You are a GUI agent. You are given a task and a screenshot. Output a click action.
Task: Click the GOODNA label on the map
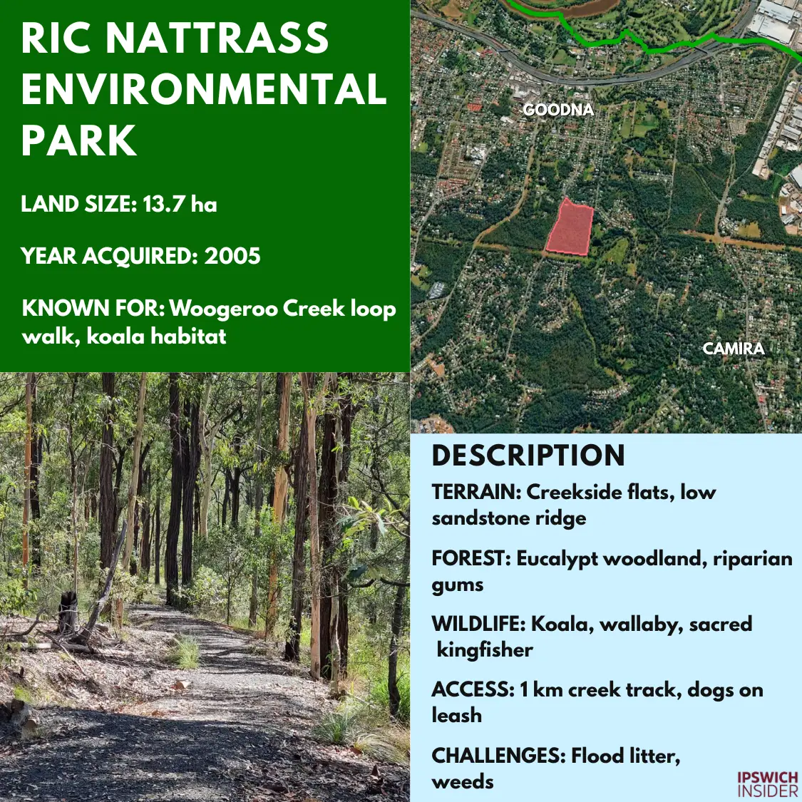pos(558,110)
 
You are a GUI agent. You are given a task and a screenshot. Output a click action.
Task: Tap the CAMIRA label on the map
pos(734,349)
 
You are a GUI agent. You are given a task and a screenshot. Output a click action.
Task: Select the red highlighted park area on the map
pos(570,227)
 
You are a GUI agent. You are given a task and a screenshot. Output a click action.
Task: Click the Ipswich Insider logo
pos(768,784)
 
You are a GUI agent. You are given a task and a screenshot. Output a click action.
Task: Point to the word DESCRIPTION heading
pos(528,456)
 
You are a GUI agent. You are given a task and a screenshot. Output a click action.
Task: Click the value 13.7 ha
pos(180,204)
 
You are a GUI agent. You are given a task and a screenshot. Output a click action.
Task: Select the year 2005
pos(232,256)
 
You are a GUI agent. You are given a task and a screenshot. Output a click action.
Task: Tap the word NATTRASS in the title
pos(217,38)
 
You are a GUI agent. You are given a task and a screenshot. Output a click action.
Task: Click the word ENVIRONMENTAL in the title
pos(204,89)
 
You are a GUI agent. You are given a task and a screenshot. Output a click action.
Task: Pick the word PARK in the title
pos(78,140)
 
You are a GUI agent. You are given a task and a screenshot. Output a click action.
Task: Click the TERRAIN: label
pos(477,492)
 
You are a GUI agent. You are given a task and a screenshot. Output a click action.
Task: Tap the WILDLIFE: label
pos(479,624)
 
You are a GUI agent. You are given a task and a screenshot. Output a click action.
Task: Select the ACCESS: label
pos(473,689)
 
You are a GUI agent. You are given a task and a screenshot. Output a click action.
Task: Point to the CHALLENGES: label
pos(498,756)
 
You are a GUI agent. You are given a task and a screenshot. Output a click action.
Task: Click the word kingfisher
pos(485,651)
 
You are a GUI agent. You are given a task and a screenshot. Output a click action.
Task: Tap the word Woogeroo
pos(224,309)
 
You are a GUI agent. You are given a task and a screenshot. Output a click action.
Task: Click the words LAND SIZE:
pos(79,204)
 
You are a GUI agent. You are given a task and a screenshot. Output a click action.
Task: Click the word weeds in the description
pos(463,782)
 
